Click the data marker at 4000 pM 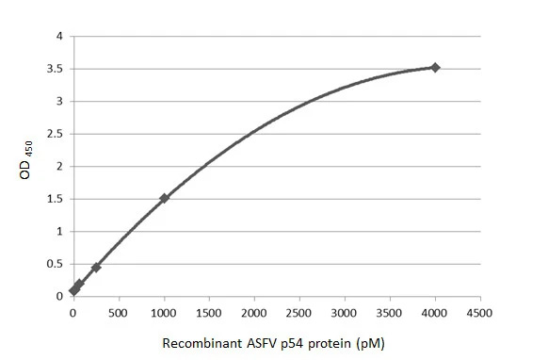tap(435, 67)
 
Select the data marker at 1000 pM tap(164, 198)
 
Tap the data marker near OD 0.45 tap(96, 267)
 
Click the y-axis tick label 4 tap(60, 36)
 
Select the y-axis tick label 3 tap(60, 101)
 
